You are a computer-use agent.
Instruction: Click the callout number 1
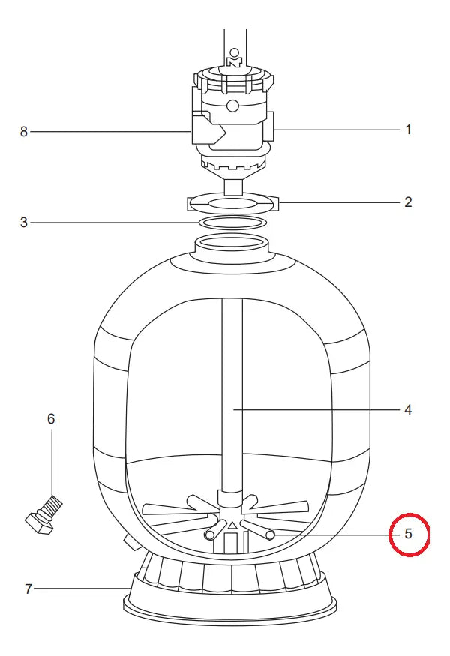(x=408, y=130)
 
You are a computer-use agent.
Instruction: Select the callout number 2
(x=408, y=202)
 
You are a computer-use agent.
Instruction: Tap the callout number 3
(x=24, y=223)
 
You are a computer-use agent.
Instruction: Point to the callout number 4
(x=408, y=410)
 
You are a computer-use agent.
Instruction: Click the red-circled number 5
(x=409, y=534)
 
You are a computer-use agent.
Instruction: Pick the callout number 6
(x=51, y=419)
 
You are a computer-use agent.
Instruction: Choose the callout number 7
(x=28, y=589)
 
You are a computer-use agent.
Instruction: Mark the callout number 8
(x=24, y=132)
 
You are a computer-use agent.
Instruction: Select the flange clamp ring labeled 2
(x=232, y=203)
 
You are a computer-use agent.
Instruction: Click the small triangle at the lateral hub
(x=232, y=525)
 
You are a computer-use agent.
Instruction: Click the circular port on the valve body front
(x=232, y=106)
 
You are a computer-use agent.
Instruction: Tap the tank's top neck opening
(x=232, y=243)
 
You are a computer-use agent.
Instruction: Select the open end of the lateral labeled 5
(x=271, y=535)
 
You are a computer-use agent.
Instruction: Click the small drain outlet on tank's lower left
(x=131, y=543)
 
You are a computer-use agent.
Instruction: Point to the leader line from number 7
(x=82, y=589)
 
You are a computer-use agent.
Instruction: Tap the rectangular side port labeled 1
(x=269, y=126)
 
